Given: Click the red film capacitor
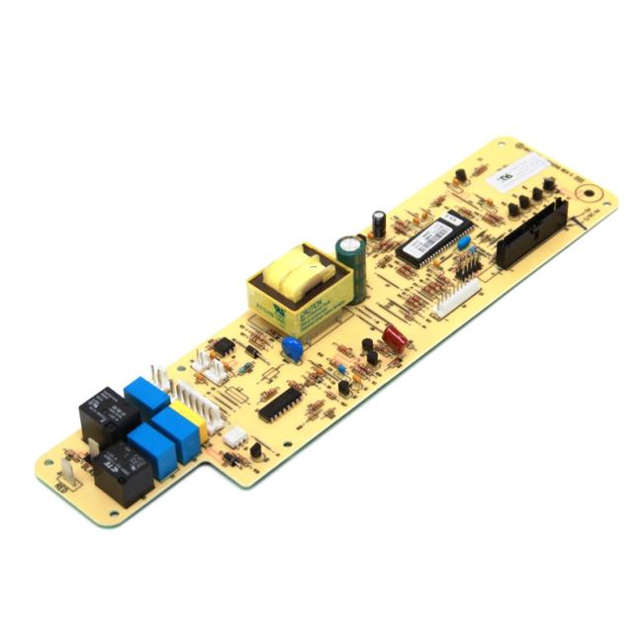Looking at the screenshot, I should pos(396,337).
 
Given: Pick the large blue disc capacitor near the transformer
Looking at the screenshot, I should pos(292,348).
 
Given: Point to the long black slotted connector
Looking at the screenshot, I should pos(532,232).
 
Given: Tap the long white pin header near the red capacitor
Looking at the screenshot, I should pos(456,297).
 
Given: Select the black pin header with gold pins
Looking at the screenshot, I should pos(468,264).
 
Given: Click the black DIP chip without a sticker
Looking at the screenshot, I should pos(280,403).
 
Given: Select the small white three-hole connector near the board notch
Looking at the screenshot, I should pos(234,436).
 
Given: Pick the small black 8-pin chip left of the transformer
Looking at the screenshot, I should pos(225,345).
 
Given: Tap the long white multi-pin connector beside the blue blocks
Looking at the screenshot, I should pos(190,392).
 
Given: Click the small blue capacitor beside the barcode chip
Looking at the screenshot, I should pos(463,242).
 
